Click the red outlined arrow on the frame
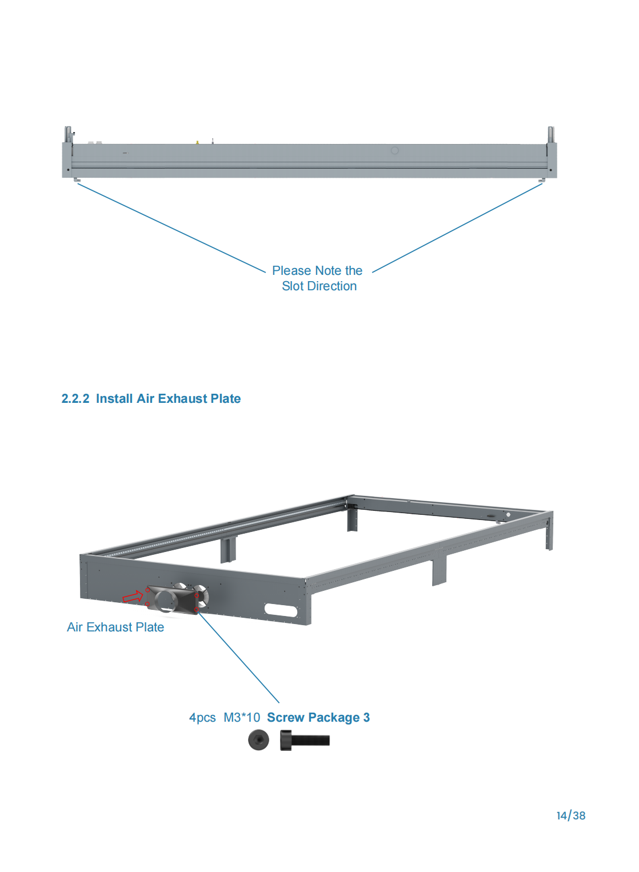click(133, 596)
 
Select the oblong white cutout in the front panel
click(281, 610)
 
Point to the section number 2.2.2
click(75, 399)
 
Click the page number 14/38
click(571, 815)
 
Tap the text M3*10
click(241, 718)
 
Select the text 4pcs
click(202, 718)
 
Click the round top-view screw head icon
click(258, 740)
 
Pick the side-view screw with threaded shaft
click(305, 740)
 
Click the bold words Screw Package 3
click(318, 718)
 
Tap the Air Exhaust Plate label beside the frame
click(115, 627)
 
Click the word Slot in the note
click(293, 286)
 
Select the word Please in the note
click(291, 270)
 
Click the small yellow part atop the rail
click(197, 142)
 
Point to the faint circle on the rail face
click(394, 150)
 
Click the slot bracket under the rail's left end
click(78, 180)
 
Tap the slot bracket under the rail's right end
click(542, 180)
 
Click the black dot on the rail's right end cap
click(550, 170)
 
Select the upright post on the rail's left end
click(68, 135)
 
